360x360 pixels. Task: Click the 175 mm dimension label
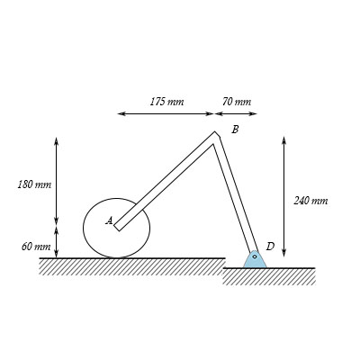pos(166,102)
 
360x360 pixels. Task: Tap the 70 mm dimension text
pos(236,102)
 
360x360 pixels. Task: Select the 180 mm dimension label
pos(34,184)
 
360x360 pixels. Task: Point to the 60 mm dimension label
pos(35,246)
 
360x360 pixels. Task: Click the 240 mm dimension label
pos(310,200)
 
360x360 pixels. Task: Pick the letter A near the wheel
pos(109,220)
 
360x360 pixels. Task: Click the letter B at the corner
pos(235,130)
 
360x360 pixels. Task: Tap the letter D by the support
pos(270,246)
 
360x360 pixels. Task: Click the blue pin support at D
pos(255,259)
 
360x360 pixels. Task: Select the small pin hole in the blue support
pos(255,256)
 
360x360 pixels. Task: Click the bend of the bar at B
pos(215,138)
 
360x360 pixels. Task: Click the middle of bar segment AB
pos(167,182)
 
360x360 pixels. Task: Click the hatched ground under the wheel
pos(131,266)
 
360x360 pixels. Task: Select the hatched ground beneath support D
pos(269,276)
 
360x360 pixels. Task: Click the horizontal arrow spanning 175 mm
pos(166,113)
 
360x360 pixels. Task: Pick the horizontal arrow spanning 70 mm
pos(236,113)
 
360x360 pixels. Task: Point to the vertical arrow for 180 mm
pos(57,181)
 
